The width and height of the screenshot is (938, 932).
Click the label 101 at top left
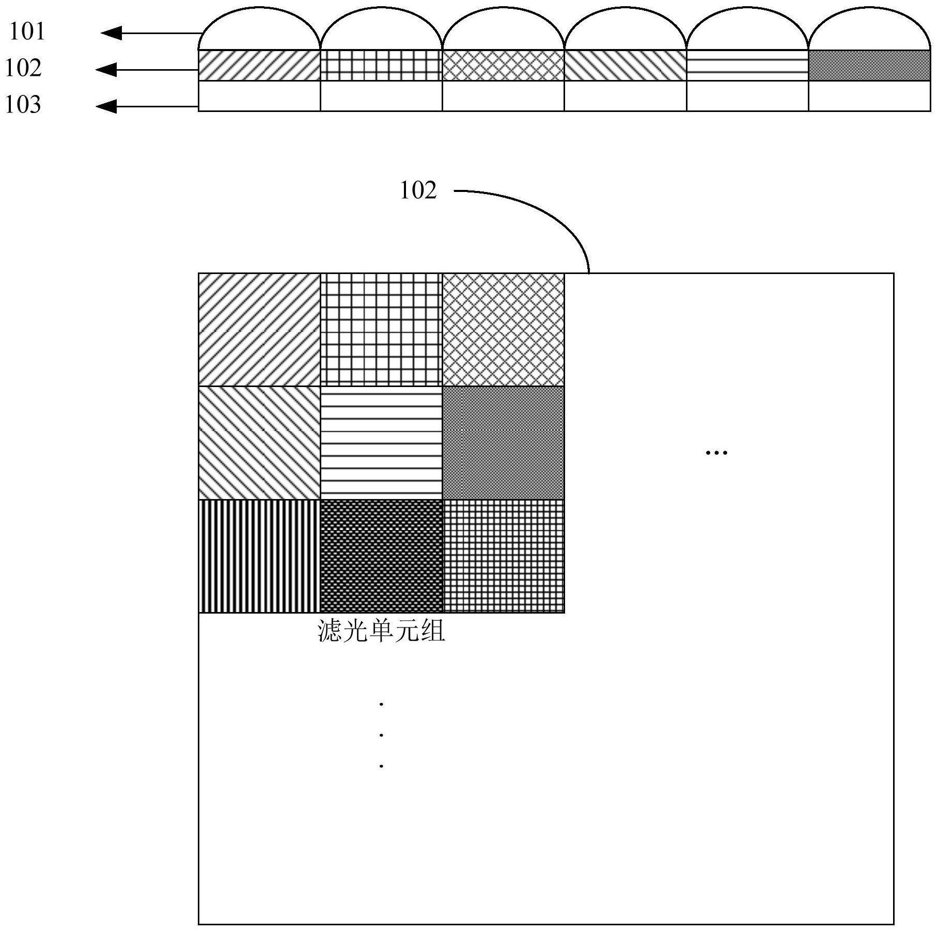coord(27,31)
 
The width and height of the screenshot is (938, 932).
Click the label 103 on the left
coord(23,105)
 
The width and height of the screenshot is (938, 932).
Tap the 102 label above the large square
coord(418,191)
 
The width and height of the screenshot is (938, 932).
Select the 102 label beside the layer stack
coord(23,68)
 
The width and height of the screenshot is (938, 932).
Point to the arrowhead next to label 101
coord(112,34)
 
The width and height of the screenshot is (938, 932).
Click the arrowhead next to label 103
coord(106,107)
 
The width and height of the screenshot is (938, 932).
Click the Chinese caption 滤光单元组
coord(381,631)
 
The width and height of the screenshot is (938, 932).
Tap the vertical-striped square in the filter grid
coord(259,556)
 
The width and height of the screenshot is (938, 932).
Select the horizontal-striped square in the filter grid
coord(381,443)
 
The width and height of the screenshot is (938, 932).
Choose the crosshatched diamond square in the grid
coord(503,330)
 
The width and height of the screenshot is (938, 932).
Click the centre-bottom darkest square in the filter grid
coord(381,556)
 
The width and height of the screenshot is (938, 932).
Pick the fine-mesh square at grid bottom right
coord(503,556)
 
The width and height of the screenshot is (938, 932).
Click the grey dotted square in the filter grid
coord(503,443)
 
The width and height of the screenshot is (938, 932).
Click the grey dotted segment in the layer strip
coord(869,66)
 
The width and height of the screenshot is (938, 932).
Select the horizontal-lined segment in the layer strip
coord(747,66)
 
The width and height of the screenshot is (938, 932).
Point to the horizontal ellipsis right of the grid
coord(716,453)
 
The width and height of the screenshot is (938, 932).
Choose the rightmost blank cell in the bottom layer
coord(869,96)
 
